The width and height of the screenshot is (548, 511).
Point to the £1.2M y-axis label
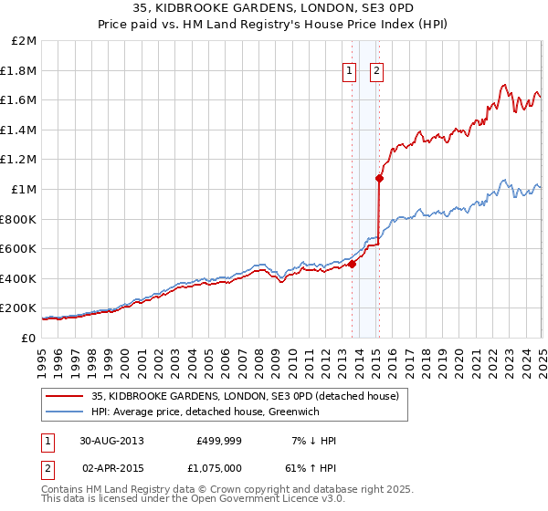(20, 160)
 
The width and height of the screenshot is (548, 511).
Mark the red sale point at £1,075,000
(379, 179)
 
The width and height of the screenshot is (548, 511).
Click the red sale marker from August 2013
(353, 265)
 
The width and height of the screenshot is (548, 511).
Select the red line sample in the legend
(64, 397)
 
